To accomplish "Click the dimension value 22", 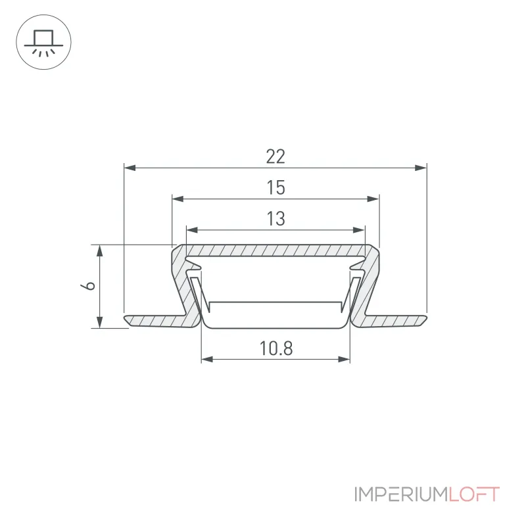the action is coord(275,156).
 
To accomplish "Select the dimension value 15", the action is coord(275,187).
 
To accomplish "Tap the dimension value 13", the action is coord(275,219).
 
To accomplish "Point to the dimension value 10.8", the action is coord(276,348).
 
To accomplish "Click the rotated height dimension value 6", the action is coord(88,286).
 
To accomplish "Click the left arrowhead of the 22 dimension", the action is coord(130,168).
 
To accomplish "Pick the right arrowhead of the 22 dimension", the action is coord(421,168).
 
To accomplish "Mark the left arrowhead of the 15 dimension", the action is coord(178,199).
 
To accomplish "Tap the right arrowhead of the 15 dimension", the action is coord(373,199).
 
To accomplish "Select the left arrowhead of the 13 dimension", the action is coord(192,230).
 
